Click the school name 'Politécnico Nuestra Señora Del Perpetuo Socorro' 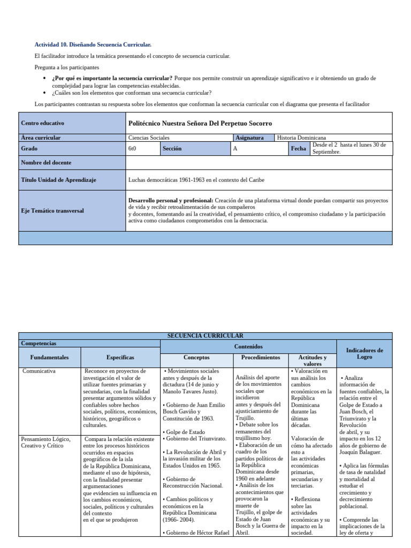[x=200, y=123]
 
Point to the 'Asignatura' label [x=249, y=138]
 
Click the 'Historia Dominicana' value [x=301, y=138]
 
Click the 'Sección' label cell [x=172, y=149]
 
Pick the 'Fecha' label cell [x=298, y=149]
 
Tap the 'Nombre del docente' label [x=46, y=162]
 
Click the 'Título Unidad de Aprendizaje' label [x=58, y=180]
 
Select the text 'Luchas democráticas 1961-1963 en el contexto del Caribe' [x=196, y=180]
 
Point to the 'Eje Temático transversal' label [x=52, y=211]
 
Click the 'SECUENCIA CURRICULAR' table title [x=205, y=335]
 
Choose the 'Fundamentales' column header [x=49, y=357]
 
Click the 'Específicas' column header [x=120, y=357]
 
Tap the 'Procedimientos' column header [x=261, y=357]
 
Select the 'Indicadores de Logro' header [x=364, y=353]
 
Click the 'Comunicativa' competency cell [x=39, y=370]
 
